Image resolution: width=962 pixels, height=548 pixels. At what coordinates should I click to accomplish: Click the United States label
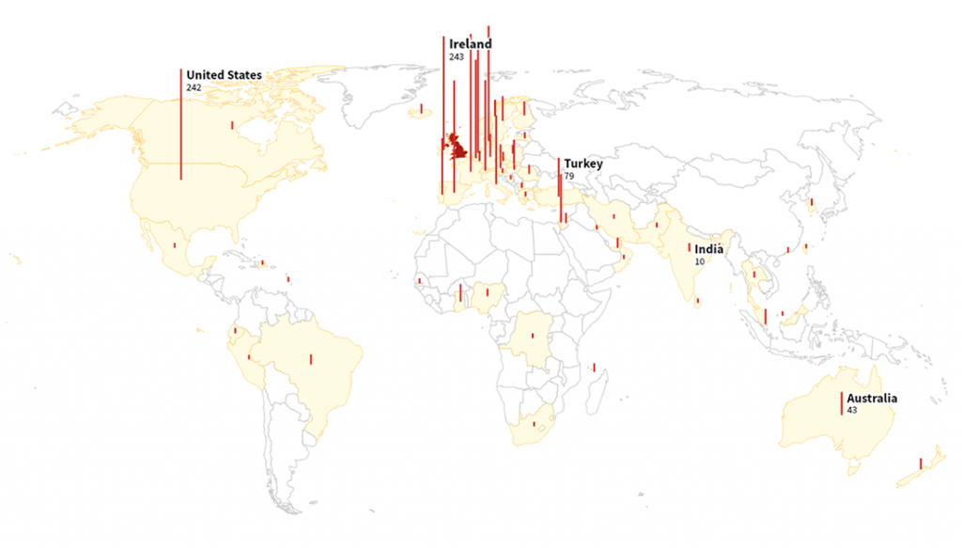click(x=224, y=75)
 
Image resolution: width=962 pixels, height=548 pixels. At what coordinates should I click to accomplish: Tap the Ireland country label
click(x=470, y=44)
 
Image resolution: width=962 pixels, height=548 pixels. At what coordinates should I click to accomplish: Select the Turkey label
click(x=583, y=164)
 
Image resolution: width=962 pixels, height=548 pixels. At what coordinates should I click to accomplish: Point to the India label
click(x=709, y=249)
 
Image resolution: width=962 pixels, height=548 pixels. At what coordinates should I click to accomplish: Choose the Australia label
click(x=872, y=399)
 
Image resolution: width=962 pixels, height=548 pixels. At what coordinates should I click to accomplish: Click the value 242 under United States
click(x=194, y=87)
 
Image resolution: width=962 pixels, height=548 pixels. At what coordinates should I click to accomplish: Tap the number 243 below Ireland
click(x=457, y=57)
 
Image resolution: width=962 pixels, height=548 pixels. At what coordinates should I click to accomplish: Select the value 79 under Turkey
click(x=568, y=177)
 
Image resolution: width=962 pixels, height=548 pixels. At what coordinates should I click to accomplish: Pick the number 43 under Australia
click(x=851, y=411)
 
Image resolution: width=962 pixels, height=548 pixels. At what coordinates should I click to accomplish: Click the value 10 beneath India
click(x=699, y=261)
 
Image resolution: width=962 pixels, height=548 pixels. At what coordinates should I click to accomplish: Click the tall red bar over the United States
click(x=181, y=122)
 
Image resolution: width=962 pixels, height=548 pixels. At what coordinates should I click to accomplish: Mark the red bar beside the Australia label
click(x=842, y=403)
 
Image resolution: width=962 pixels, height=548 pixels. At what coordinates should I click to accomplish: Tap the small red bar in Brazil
click(x=311, y=358)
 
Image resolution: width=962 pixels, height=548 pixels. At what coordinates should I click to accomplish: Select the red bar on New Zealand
click(x=921, y=462)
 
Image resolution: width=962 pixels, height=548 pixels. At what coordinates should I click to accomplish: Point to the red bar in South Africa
click(x=534, y=424)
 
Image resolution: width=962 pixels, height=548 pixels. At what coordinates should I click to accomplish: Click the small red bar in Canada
click(x=231, y=124)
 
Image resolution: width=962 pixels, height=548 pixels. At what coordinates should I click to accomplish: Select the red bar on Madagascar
click(x=594, y=367)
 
